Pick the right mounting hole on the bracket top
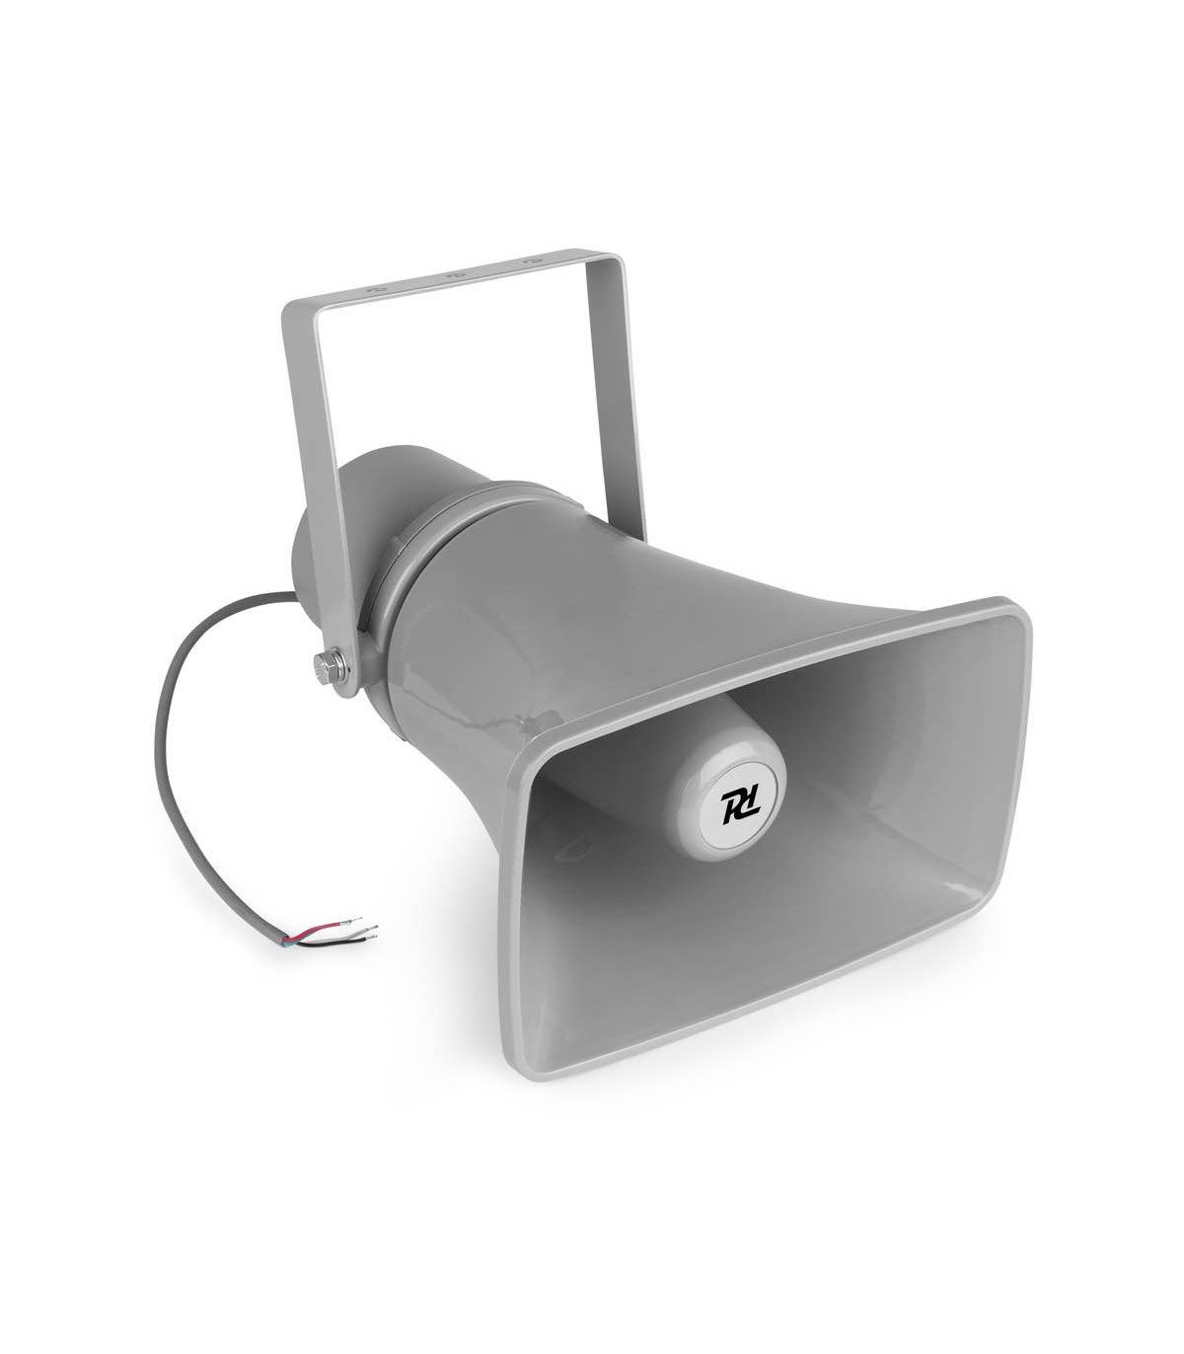529,262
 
